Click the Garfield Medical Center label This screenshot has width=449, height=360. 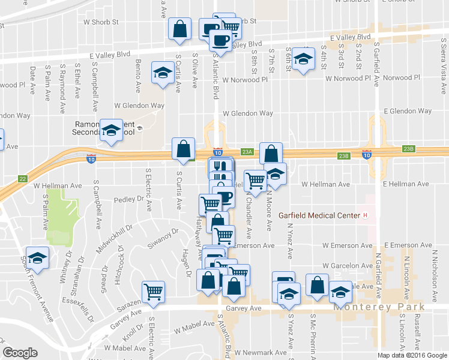(319, 215)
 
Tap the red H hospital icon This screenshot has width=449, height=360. (364, 215)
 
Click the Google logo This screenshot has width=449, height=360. (20, 353)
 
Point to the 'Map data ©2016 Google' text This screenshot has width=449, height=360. (412, 355)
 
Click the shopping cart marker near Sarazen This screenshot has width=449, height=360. (154, 291)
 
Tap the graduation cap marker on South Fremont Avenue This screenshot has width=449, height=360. (37, 257)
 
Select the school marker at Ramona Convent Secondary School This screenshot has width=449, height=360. (111, 130)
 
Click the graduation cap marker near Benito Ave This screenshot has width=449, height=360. (161, 73)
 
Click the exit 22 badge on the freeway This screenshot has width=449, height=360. (23, 178)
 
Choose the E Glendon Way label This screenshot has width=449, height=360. (408, 111)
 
